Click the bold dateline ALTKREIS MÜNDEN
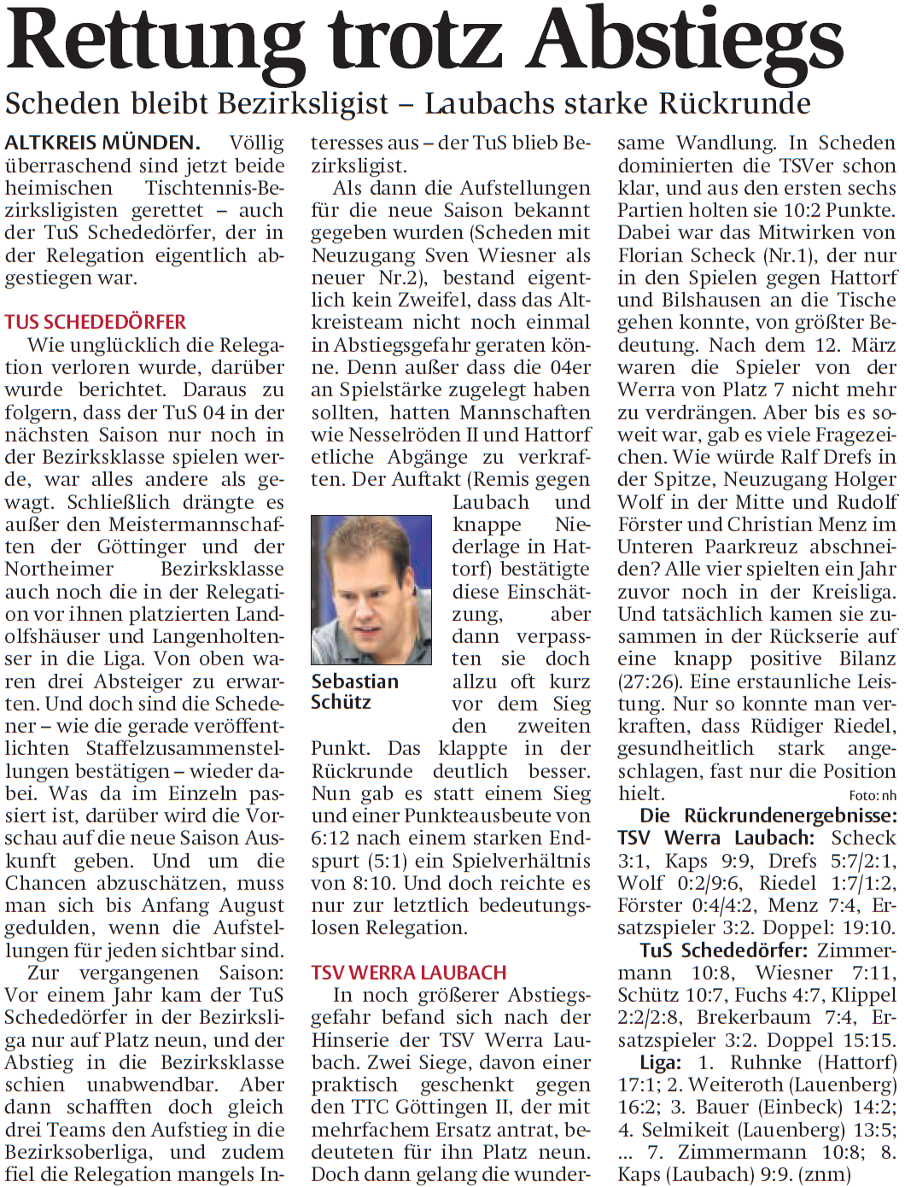102,143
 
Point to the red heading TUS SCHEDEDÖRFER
96,322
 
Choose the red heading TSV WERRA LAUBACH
409,973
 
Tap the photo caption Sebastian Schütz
354,692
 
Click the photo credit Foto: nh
873,796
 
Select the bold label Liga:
661,1062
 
